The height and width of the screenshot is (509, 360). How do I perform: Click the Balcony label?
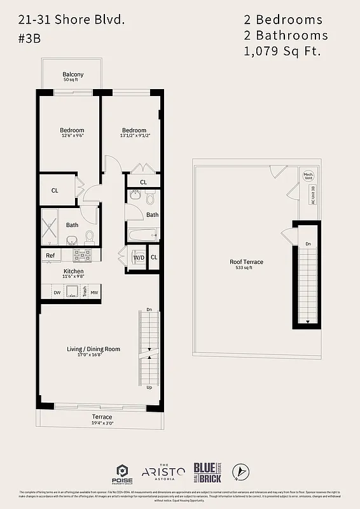(x=73, y=74)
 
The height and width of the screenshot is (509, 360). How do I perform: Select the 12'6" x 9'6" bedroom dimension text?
(x=72, y=136)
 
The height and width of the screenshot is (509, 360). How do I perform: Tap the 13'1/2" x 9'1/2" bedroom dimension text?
(x=134, y=136)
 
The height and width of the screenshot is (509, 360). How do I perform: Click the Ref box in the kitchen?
(x=50, y=256)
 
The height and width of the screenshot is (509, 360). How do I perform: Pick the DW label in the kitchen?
(x=57, y=293)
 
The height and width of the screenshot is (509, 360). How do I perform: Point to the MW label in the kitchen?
(x=93, y=293)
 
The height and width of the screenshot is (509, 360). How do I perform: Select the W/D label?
(x=138, y=257)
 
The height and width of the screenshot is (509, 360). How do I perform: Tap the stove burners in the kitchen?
(x=81, y=256)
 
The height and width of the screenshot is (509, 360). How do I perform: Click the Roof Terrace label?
(x=246, y=261)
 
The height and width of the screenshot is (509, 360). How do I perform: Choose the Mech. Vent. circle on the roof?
(x=308, y=176)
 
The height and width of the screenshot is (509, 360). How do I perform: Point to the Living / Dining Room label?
(x=93, y=349)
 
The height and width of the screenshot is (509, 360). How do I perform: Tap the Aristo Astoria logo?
(x=163, y=471)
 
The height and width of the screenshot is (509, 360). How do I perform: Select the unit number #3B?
(x=30, y=38)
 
